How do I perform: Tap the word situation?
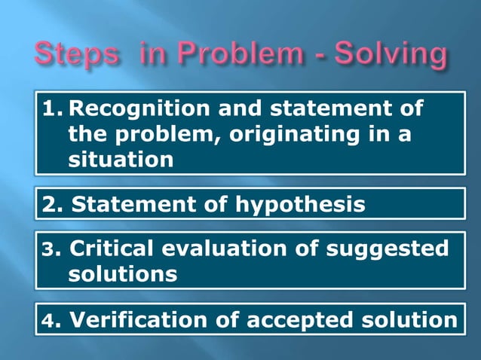(120, 160)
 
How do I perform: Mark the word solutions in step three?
(123, 274)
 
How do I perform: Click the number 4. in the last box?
(49, 319)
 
